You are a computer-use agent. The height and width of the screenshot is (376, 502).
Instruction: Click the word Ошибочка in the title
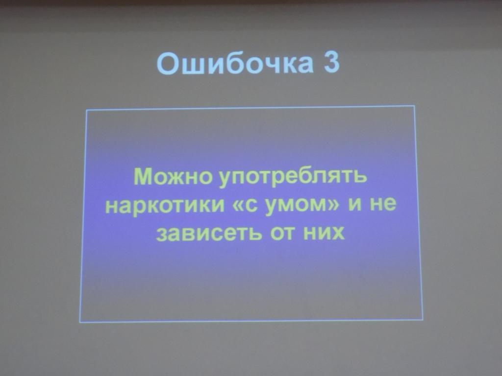coord(234,64)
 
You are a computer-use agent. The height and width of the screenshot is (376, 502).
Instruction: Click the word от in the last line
coord(279,234)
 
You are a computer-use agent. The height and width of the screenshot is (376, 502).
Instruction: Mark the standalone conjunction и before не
coord(356,205)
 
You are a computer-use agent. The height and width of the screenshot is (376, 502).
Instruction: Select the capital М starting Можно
coord(143,176)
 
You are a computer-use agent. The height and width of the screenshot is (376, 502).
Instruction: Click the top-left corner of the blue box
coord(87,110)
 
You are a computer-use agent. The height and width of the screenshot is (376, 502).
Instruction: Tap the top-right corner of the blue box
coord(415,106)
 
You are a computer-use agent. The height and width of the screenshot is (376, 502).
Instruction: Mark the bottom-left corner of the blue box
coord(80,322)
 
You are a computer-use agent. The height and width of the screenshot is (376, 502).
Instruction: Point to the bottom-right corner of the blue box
coord(423,320)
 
